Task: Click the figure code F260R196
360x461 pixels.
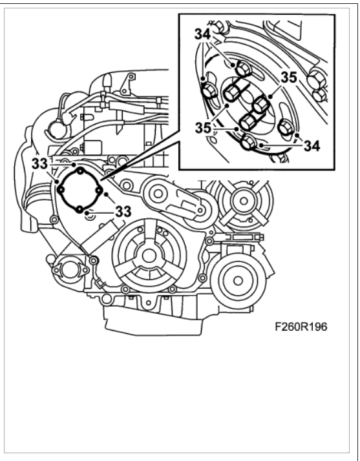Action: [301, 327]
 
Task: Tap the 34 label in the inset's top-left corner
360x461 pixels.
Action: [202, 34]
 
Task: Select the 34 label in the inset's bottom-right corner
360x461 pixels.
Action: [312, 146]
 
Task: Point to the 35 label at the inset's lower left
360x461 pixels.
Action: [203, 128]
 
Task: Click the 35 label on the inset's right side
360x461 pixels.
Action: [289, 77]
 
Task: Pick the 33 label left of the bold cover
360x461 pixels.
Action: [39, 163]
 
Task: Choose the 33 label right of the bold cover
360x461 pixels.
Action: [123, 211]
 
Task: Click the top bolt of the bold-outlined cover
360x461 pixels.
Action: [79, 171]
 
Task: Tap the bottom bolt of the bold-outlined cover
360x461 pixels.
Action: [79, 209]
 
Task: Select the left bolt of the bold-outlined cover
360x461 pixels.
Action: [61, 190]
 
